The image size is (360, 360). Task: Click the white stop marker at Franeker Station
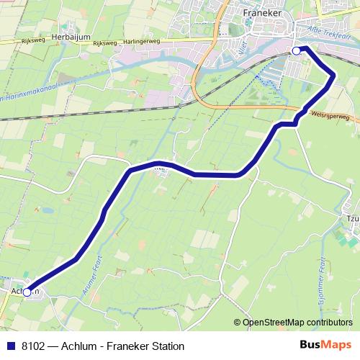point(296,51)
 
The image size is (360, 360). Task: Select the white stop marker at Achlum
point(27,292)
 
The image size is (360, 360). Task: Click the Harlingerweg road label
point(144,41)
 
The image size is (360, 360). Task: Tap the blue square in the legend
point(10,346)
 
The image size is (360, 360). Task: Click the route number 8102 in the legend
point(34,346)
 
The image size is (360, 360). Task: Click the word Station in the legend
point(166,346)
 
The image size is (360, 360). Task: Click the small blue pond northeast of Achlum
point(46,212)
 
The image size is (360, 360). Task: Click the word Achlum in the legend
point(78,346)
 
